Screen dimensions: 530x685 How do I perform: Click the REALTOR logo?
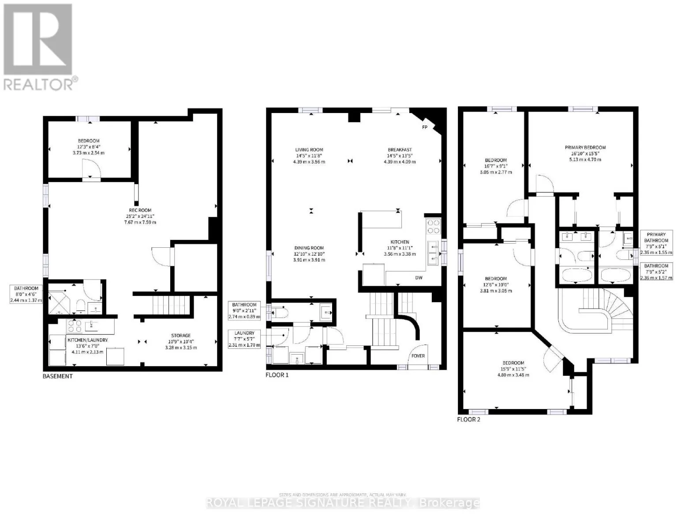[x=38, y=46]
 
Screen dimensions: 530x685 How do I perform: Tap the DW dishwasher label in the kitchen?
[x=419, y=278]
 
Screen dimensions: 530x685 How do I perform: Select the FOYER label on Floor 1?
[x=418, y=356]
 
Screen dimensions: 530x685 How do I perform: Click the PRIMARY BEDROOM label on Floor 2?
[x=585, y=148]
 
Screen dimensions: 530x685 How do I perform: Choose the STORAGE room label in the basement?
[x=181, y=336]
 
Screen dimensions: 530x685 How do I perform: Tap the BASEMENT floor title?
[x=57, y=376]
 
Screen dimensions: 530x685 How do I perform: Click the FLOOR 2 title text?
[x=468, y=419]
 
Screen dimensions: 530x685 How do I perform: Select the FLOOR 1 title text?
[x=277, y=375]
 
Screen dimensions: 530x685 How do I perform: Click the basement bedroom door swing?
[x=92, y=168]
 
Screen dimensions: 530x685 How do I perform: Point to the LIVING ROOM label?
[x=309, y=150]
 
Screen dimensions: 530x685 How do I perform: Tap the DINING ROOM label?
[x=309, y=248]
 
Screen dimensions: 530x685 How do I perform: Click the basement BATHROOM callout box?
[x=26, y=294]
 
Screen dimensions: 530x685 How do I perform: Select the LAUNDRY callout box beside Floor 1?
[x=244, y=339]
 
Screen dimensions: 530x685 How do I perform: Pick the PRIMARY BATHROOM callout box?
[x=656, y=243]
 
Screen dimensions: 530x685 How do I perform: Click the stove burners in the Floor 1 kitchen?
[x=433, y=227]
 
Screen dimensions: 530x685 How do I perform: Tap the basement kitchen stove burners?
[x=74, y=326]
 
